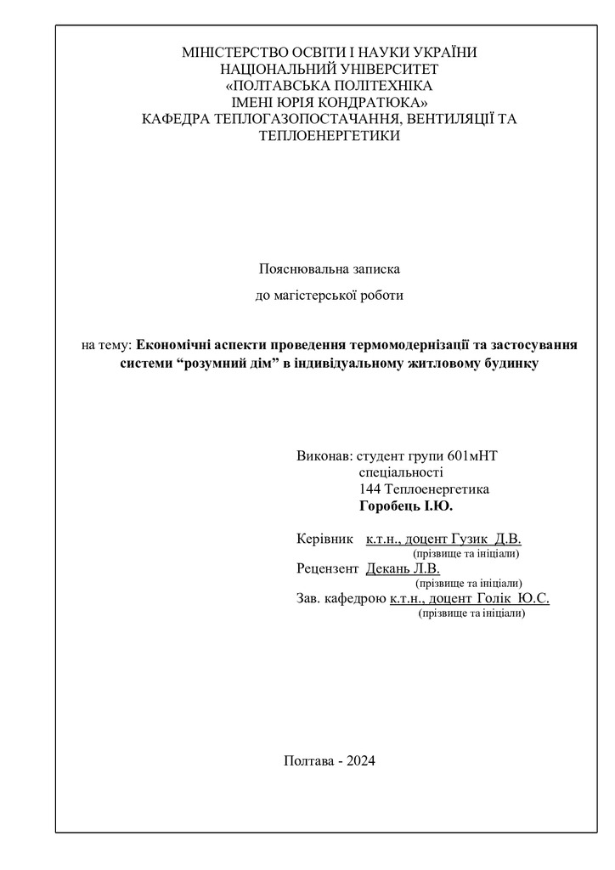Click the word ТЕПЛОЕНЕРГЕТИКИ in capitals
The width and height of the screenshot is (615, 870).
[x=329, y=135]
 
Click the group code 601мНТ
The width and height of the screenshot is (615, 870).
[x=471, y=456]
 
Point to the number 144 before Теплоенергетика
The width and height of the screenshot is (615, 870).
[x=370, y=489]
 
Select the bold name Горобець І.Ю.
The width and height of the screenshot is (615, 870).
[x=406, y=506]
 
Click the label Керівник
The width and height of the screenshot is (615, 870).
[x=324, y=539]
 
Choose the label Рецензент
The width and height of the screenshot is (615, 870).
[x=328, y=568]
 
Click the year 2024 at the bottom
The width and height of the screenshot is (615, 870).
[x=359, y=760]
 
